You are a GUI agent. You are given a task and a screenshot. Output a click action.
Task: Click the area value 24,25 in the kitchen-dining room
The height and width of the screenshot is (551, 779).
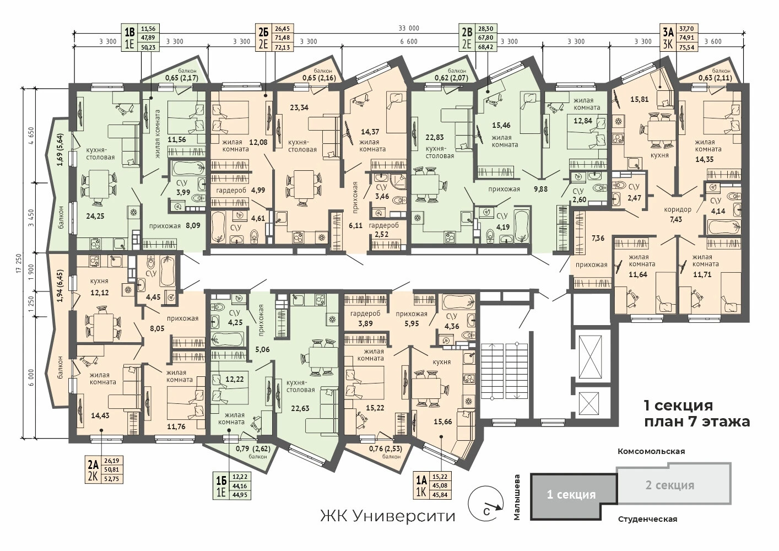(x=95, y=216)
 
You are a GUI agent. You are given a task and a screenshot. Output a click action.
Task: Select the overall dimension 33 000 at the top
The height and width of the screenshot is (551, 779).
(x=409, y=28)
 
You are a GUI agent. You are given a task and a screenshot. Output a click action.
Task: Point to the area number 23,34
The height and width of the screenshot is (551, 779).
(x=299, y=107)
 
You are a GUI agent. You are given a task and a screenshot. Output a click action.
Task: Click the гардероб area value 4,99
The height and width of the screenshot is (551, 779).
(x=258, y=190)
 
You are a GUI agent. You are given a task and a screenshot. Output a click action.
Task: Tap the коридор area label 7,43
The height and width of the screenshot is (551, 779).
(x=676, y=219)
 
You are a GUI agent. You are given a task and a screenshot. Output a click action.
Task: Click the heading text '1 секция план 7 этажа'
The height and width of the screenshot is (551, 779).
(x=696, y=413)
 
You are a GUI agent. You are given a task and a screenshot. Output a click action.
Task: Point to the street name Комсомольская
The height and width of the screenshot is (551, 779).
(x=651, y=451)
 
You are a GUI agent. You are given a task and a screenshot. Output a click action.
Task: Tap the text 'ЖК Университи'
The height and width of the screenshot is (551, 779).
(x=388, y=516)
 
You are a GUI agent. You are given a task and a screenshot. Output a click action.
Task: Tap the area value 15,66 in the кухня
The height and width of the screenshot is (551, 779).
(x=443, y=422)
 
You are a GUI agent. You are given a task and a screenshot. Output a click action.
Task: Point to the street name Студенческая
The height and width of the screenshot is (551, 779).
(x=647, y=520)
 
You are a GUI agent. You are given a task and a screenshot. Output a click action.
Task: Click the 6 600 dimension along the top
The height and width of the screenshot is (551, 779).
(x=409, y=42)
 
